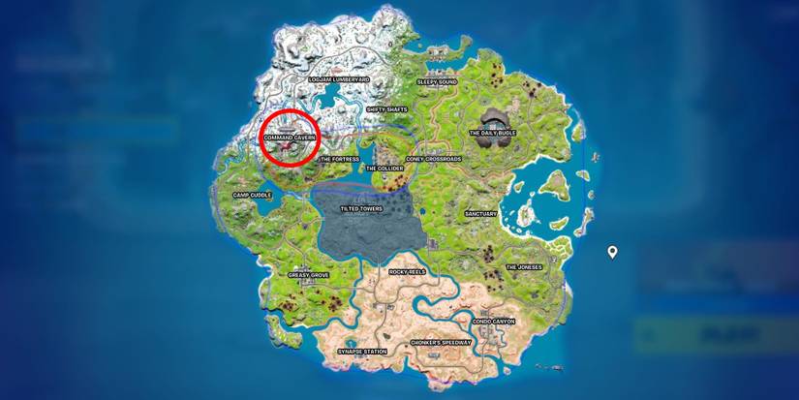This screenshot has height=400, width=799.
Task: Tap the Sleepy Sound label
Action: point(437,82)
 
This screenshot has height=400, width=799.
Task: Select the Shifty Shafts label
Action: point(386,109)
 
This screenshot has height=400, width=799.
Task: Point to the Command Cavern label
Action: point(290,138)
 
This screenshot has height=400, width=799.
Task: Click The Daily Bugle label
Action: point(492,133)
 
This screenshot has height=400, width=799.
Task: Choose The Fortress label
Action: point(339,159)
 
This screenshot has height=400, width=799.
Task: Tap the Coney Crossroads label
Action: point(433,159)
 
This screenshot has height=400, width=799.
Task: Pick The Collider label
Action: point(384,168)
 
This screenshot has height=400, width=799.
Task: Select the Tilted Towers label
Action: point(361,208)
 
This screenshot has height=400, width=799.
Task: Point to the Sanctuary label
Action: point(480,213)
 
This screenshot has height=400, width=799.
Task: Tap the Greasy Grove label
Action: point(308,275)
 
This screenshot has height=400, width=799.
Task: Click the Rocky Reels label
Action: point(407,273)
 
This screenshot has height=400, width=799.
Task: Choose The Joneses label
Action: point(524,267)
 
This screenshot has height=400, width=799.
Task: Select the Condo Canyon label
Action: point(494,321)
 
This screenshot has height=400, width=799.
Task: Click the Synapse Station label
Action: point(362,351)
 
